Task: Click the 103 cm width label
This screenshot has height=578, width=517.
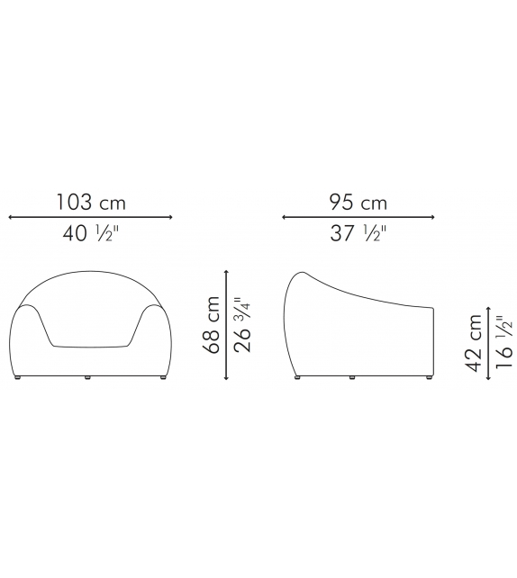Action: coord(91,203)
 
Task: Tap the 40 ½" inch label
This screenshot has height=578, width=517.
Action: coord(91,233)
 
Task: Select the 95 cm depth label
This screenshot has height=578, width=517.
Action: coord(358,203)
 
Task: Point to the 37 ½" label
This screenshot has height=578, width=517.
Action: coord(358,233)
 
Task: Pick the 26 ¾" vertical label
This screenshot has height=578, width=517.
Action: coord(242,325)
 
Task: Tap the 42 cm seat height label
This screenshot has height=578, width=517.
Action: coord(475,343)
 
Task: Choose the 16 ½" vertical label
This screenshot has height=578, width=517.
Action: coord(503,342)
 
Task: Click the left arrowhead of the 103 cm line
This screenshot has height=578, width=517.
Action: coord(11,218)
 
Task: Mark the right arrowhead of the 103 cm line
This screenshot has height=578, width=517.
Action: coord(170,218)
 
